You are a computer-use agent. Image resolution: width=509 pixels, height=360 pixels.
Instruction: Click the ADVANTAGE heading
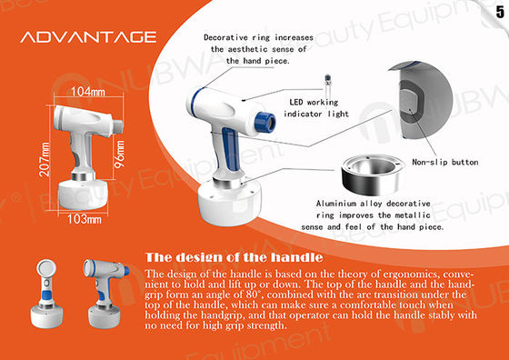87,38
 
